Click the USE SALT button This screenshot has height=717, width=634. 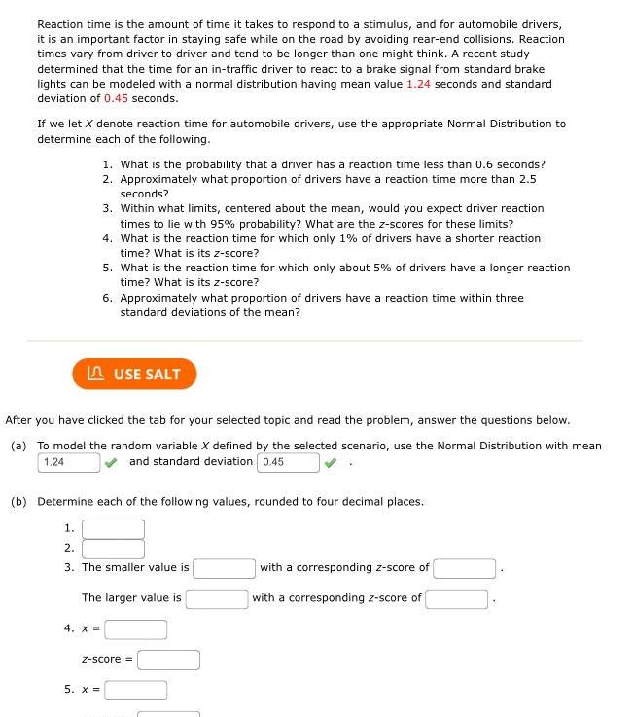(x=134, y=374)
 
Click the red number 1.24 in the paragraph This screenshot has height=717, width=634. (x=418, y=85)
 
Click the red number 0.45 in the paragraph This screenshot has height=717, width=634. (x=117, y=99)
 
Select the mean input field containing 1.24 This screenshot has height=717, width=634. (x=68, y=462)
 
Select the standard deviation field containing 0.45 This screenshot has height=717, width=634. (x=288, y=462)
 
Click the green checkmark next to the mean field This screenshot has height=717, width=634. (x=112, y=462)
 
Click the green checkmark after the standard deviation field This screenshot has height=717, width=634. (x=332, y=462)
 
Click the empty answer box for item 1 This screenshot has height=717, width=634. (x=113, y=529)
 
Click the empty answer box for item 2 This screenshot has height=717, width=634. (x=113, y=549)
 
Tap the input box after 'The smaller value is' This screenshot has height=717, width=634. (x=224, y=568)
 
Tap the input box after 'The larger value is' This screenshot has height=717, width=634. (x=217, y=598)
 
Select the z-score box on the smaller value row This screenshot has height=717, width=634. (x=465, y=568)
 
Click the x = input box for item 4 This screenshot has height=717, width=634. (x=135, y=629)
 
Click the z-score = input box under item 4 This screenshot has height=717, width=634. (x=168, y=660)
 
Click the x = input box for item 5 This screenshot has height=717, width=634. (x=135, y=691)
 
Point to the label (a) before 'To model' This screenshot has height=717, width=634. (x=18, y=446)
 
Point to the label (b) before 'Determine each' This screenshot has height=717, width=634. (x=18, y=502)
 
